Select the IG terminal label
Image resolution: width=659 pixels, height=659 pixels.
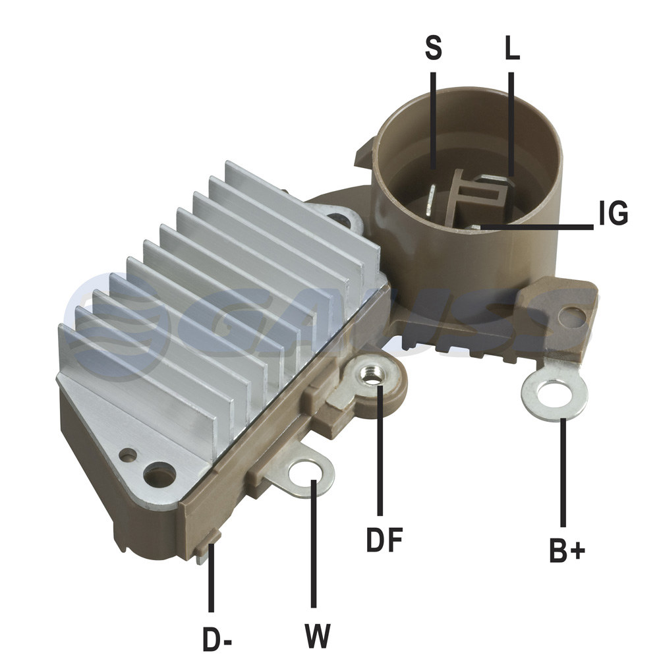pos(613,213)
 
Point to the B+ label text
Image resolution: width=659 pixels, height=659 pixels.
pos(567,550)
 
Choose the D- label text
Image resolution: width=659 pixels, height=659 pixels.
pos(217,639)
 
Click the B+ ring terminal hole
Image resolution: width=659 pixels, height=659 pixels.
pos(556,394)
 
